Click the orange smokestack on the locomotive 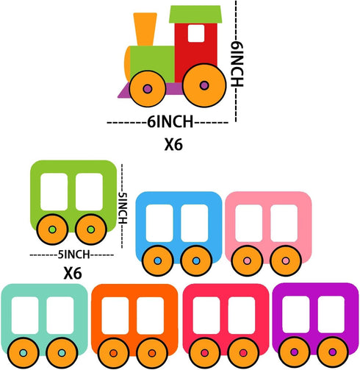[145, 29]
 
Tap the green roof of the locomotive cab [195, 14]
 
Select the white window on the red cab [196, 33]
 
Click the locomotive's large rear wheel [204, 85]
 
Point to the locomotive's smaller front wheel [148, 89]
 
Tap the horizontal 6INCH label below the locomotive [170, 122]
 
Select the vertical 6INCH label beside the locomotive [237, 64]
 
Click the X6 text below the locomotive [173, 145]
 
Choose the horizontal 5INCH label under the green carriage [73, 255]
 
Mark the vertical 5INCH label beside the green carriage [123, 208]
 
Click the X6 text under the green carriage [73, 274]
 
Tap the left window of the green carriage [54, 192]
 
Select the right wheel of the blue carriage [196, 261]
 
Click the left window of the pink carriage [249, 223]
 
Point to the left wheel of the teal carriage [24, 353]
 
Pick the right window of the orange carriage [151, 316]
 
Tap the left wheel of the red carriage [205, 353]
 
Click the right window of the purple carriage [331, 315]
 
